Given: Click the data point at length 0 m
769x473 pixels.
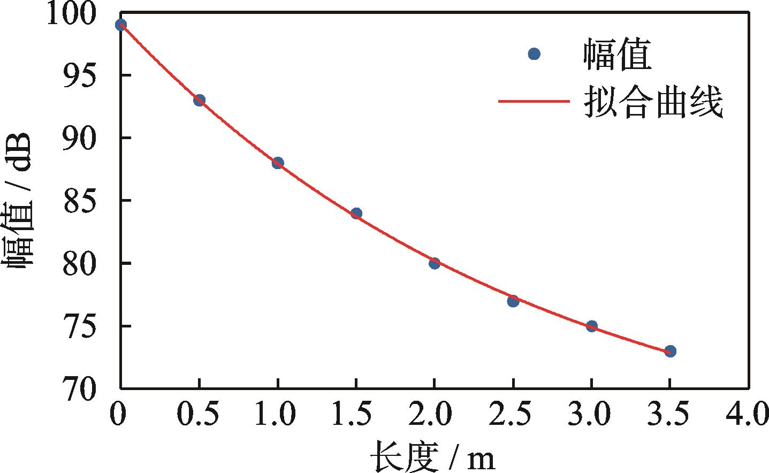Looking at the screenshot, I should pyautogui.click(x=121, y=25).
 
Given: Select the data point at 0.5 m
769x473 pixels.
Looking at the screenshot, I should pyautogui.click(x=199, y=100).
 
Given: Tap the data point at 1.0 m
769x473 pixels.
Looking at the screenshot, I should pyautogui.click(x=278, y=163).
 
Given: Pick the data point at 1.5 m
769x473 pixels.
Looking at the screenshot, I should pyautogui.click(x=356, y=213).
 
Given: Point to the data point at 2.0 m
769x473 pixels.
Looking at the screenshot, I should pyautogui.click(x=435, y=263).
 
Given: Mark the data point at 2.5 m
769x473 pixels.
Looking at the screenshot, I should pyautogui.click(x=513, y=301).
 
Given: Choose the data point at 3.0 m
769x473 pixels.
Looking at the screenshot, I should pyautogui.click(x=591, y=326).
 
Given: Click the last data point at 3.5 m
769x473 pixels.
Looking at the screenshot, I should pyautogui.click(x=670, y=351).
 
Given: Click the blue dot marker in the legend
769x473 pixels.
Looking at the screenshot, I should pyautogui.click(x=534, y=54).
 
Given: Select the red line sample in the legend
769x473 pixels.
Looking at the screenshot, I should pyautogui.click(x=533, y=100).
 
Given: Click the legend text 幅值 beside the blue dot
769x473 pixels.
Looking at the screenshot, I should pyautogui.click(x=617, y=55).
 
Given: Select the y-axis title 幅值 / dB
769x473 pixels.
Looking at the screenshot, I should pyautogui.click(x=20, y=201).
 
